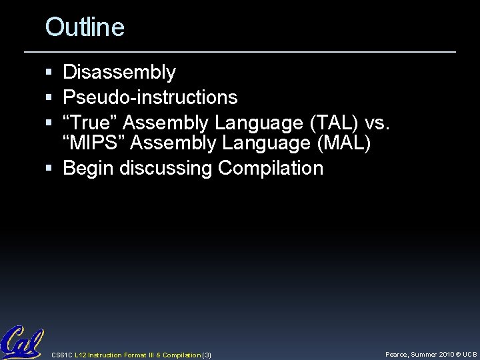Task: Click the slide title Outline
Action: coord(85,27)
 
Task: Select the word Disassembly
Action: coord(119,72)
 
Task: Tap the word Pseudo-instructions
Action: coord(150,98)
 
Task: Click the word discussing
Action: coord(166,168)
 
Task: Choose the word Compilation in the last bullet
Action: coord(270,168)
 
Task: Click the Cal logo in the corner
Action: coord(22,341)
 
